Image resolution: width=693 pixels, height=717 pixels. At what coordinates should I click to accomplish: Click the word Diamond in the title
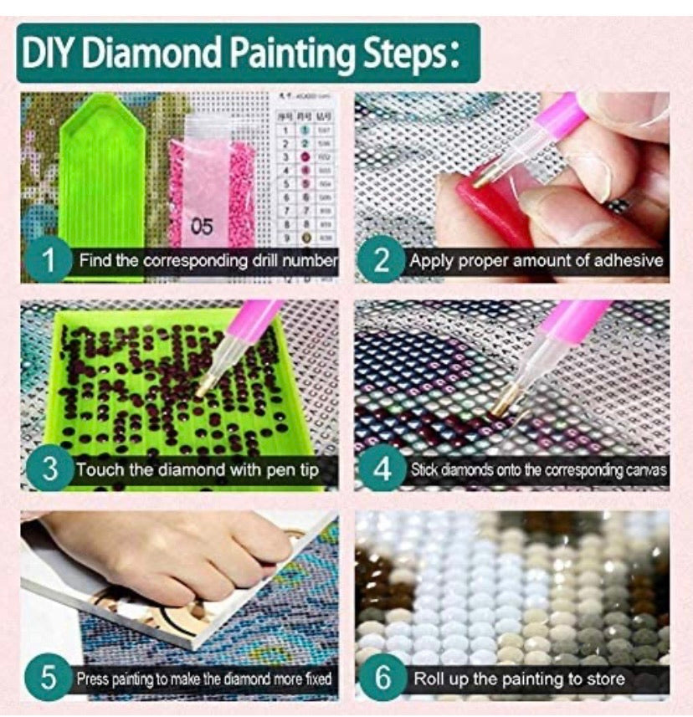163,54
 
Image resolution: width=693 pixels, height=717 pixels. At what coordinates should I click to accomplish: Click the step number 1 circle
48,261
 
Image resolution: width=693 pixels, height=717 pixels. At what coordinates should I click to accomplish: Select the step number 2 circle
382,261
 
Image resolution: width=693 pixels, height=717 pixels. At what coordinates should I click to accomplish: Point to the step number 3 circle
48,469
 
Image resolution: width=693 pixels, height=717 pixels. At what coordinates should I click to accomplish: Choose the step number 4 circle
382,469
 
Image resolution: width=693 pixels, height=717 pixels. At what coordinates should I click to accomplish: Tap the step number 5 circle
48,678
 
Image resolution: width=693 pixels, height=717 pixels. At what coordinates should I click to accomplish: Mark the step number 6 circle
382,678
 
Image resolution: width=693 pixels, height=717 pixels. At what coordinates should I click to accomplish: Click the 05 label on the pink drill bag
202,226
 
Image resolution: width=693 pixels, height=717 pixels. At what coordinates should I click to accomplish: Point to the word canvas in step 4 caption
645,469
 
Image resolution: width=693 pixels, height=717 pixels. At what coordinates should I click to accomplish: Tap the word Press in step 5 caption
92,678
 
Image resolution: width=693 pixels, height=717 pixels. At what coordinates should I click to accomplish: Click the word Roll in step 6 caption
429,678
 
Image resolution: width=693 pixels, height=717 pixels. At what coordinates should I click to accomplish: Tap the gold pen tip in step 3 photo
204,387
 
